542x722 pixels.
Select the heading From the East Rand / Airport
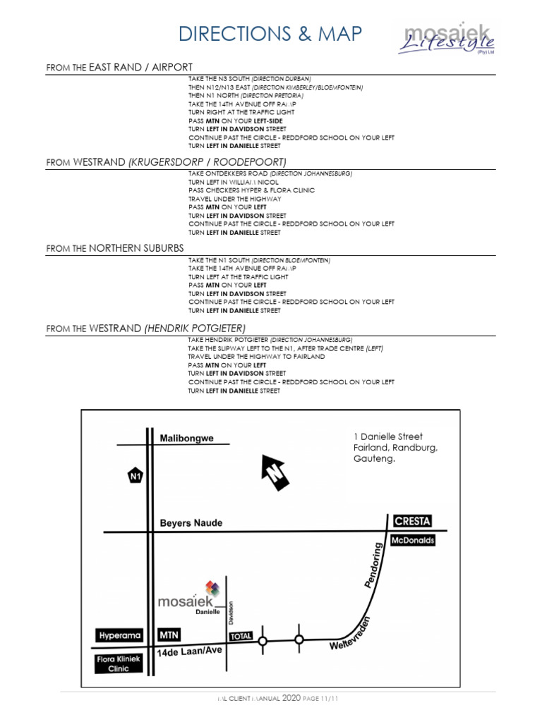pos(119,67)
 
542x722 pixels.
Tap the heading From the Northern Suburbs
pos(115,248)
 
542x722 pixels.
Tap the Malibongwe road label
pos(186,438)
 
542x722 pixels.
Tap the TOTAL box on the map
pos(240,636)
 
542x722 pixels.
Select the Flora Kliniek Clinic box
pos(118,663)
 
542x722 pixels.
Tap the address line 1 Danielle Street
pos(387,437)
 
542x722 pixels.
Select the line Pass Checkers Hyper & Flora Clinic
pos(251,190)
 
